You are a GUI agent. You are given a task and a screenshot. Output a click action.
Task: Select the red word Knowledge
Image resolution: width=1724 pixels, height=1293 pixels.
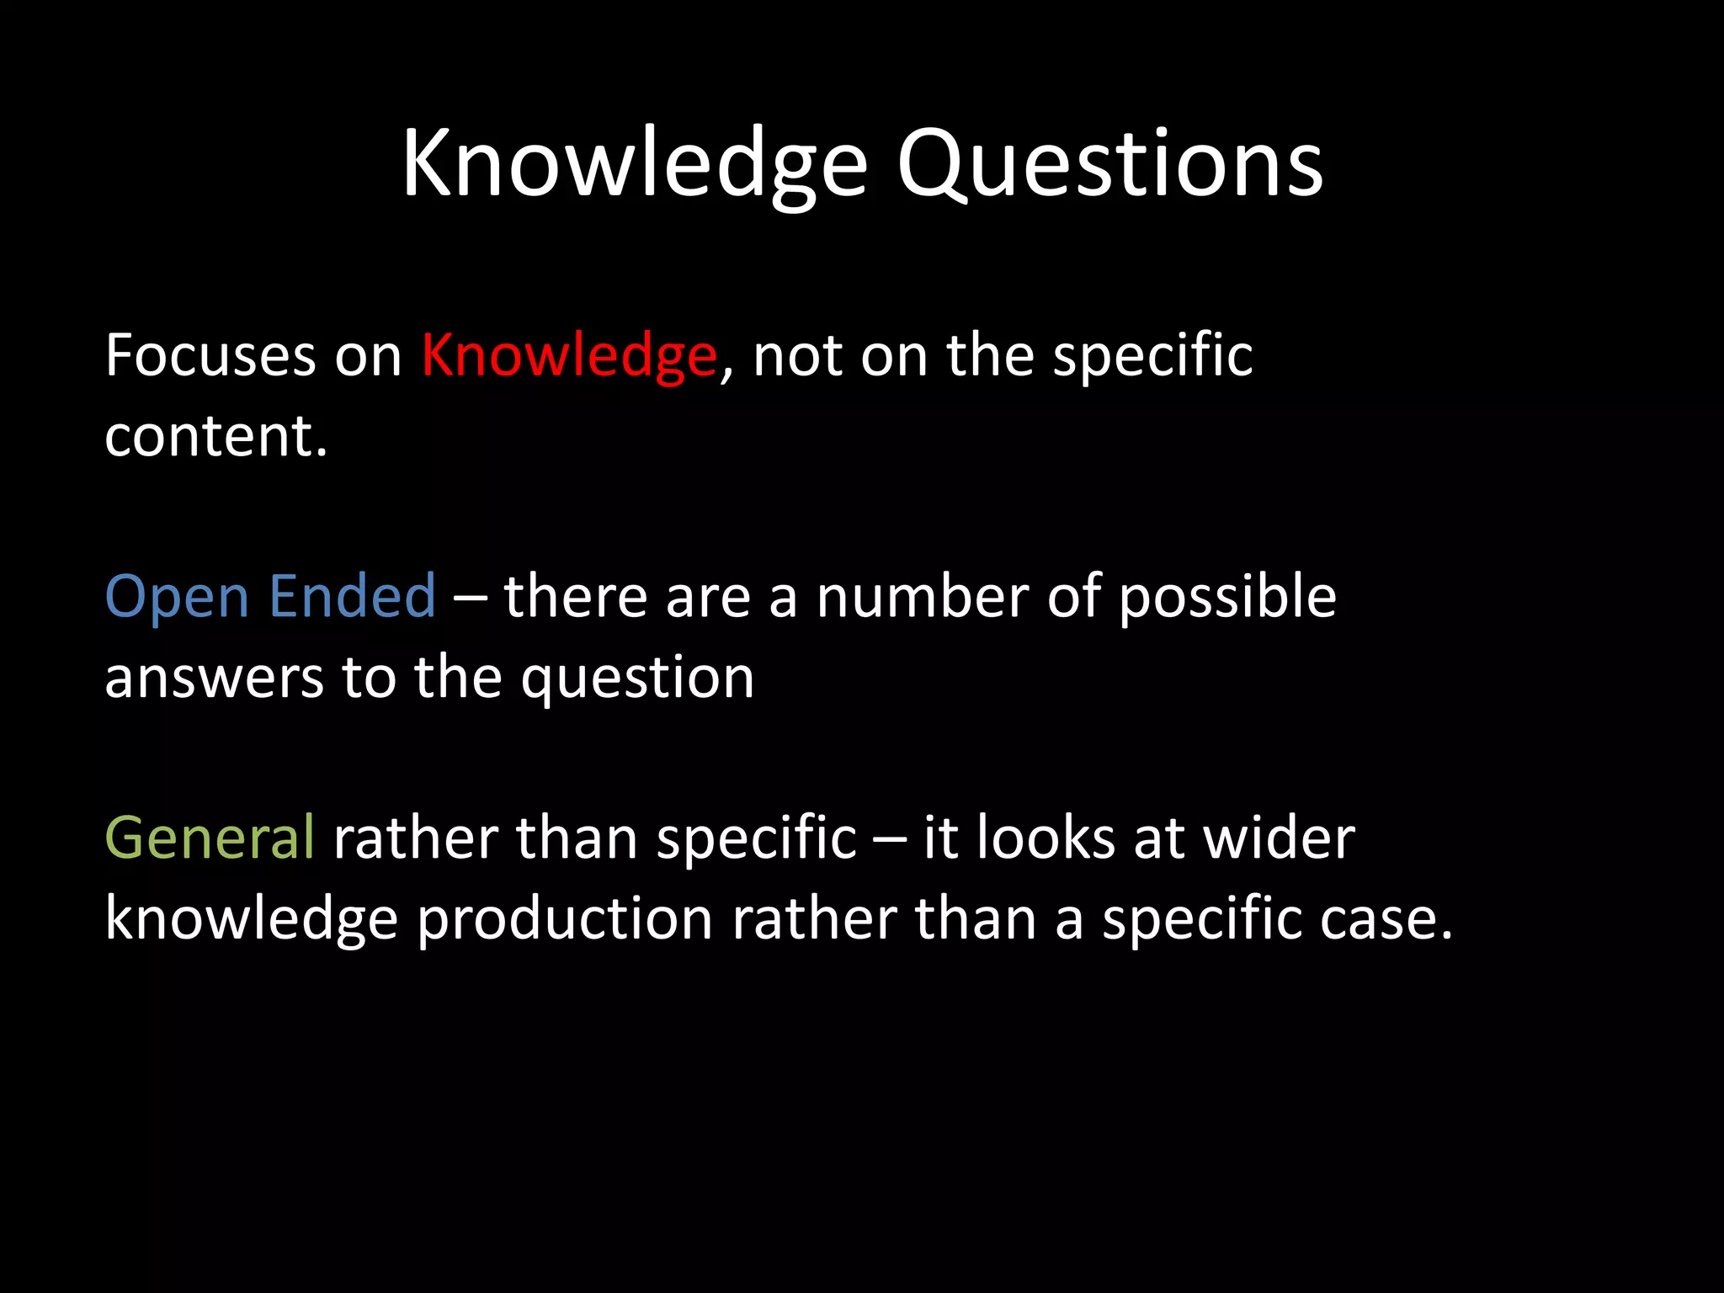pos(569,356)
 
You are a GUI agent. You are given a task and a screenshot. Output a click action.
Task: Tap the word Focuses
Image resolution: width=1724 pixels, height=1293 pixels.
pos(210,356)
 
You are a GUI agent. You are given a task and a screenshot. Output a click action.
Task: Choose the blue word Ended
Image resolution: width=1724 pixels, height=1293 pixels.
pos(353,596)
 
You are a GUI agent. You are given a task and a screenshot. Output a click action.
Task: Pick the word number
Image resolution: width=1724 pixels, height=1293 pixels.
pos(922,596)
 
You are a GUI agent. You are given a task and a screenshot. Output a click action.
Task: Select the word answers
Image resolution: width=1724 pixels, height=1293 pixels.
pos(214,678)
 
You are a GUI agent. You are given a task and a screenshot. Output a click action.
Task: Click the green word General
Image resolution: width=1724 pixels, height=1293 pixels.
pos(210,838)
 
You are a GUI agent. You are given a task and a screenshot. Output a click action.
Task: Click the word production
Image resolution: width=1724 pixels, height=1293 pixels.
pos(565,918)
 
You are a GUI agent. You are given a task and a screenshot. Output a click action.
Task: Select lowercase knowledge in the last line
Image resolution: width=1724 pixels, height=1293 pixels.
pos(251,918)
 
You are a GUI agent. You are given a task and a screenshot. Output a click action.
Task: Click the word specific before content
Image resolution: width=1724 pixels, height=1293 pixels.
pos(1152,356)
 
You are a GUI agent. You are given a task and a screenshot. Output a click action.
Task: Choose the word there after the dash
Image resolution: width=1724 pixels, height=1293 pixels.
pos(575,596)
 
